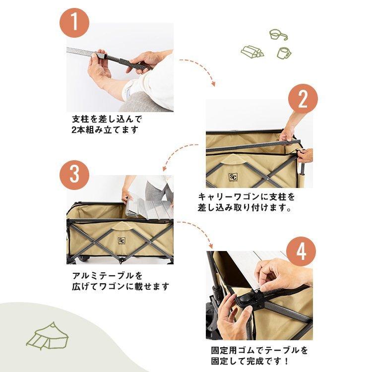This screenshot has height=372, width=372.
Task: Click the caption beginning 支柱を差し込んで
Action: tap(107, 124)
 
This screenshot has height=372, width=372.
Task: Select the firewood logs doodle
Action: tap(252, 51)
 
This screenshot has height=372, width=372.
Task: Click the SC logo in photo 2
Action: tap(233, 177)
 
